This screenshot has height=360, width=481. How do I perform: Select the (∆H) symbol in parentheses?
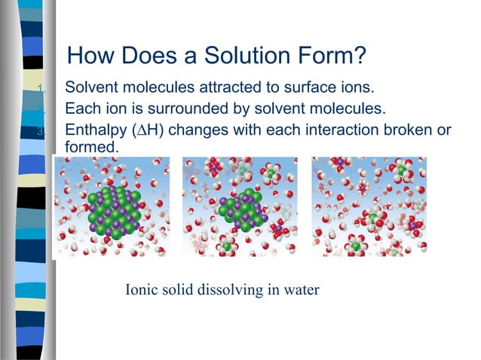pyautogui.click(x=149, y=130)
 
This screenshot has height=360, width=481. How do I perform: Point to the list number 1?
pyautogui.click(x=44, y=90)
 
